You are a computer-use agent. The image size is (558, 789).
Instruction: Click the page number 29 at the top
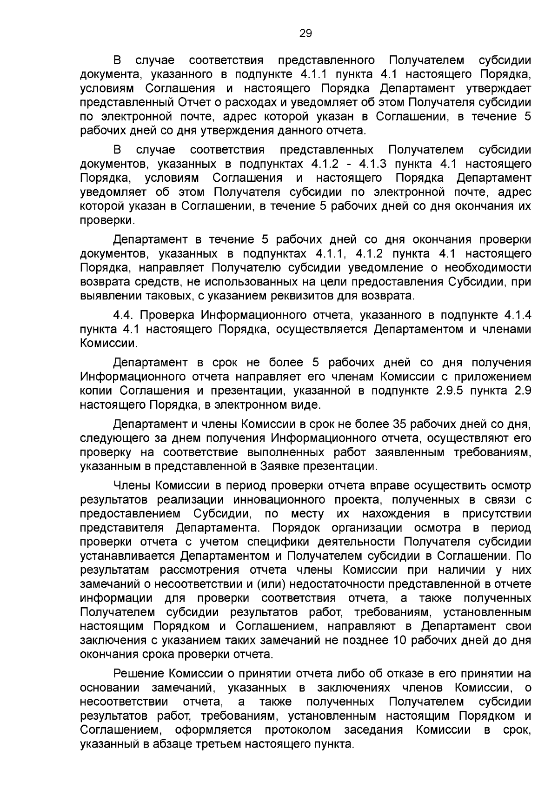(305, 33)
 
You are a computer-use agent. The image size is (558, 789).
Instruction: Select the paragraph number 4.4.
(124, 315)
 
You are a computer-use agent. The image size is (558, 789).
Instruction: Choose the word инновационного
(279, 500)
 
